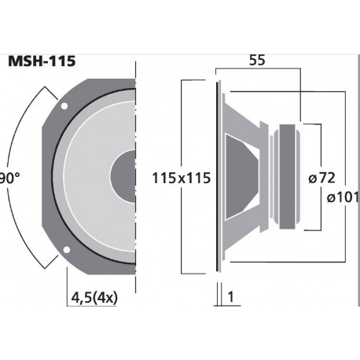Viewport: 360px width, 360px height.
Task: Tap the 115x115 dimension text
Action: click(x=182, y=178)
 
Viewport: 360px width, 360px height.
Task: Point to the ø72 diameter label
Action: click(x=323, y=178)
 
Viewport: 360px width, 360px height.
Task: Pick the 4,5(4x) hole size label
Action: click(x=92, y=299)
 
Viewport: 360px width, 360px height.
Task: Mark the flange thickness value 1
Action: click(x=233, y=297)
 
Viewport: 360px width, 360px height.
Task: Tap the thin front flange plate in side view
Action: click(x=219, y=177)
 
